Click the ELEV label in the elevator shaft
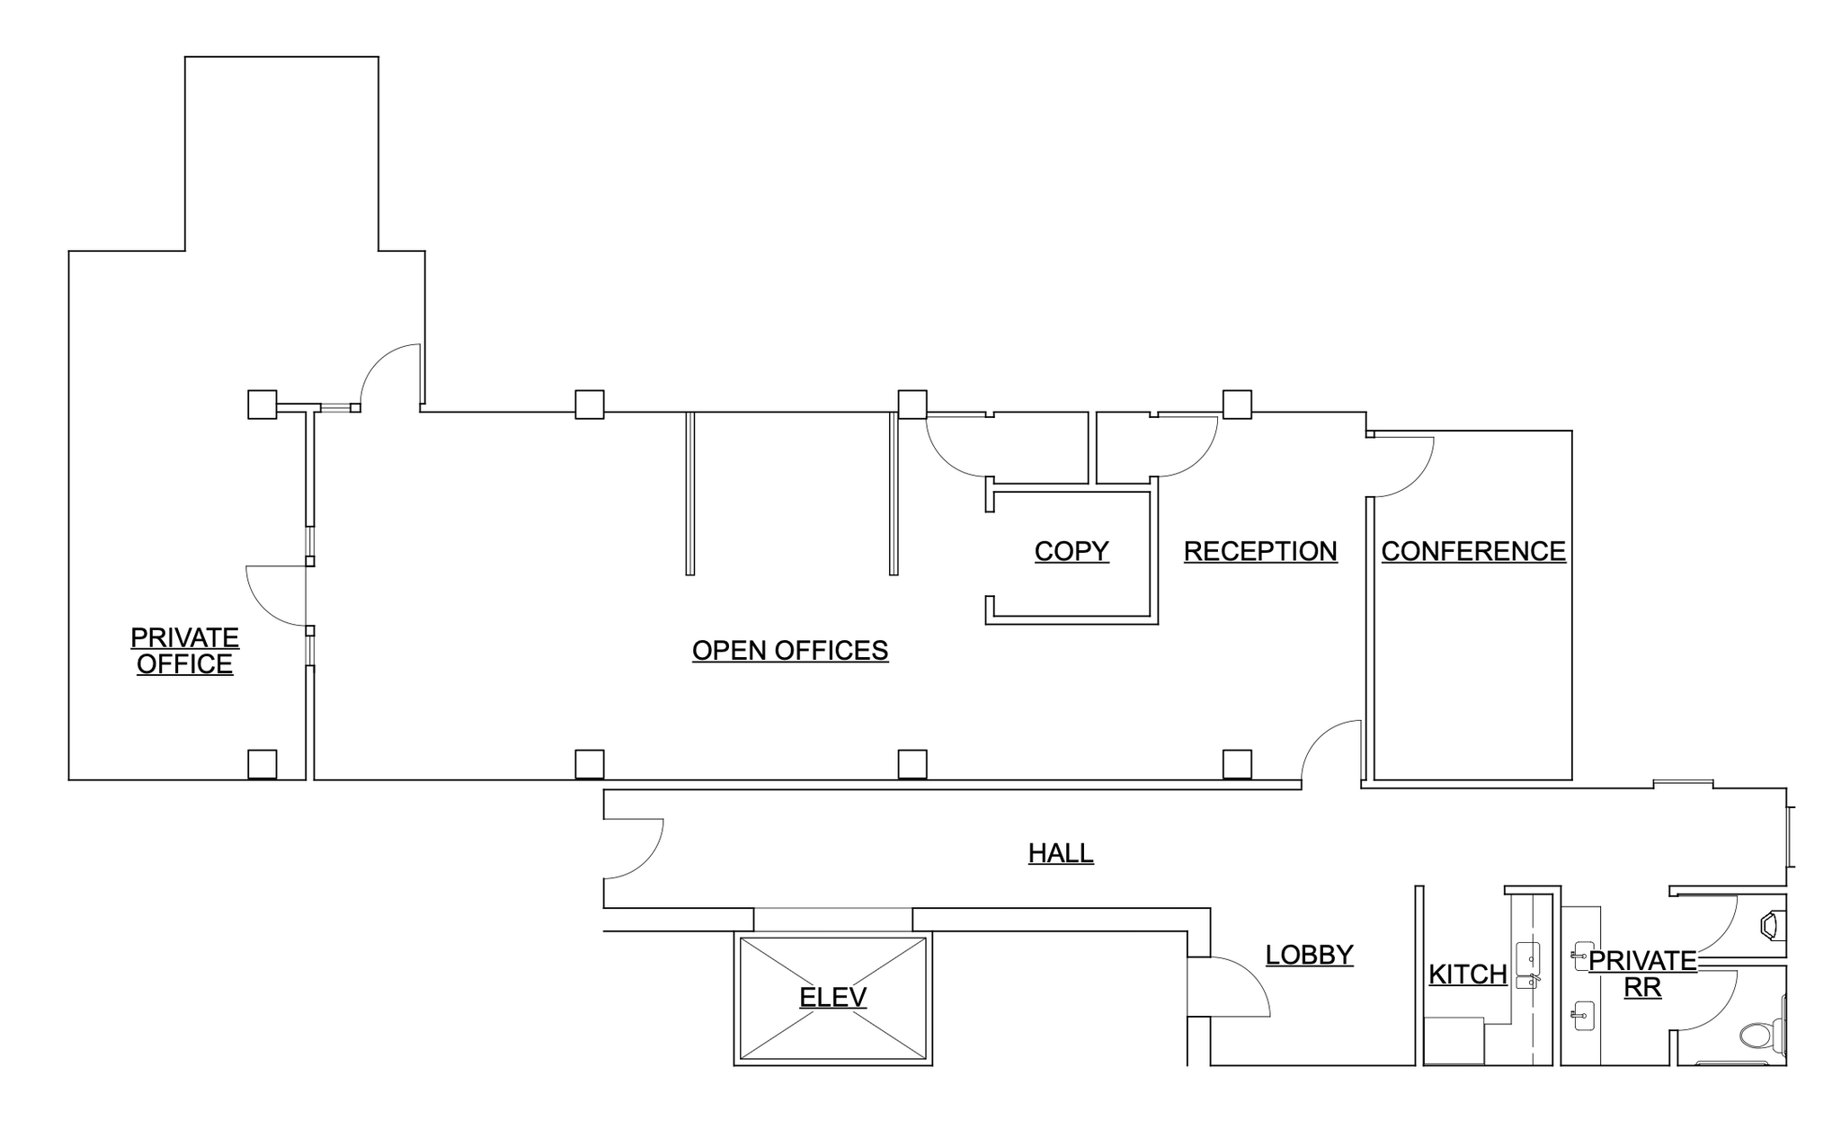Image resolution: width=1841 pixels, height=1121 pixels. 832,997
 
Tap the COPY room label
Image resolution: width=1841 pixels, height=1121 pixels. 1071,551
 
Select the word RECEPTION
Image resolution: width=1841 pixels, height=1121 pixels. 1259,551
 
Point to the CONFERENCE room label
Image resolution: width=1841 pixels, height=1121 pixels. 1472,551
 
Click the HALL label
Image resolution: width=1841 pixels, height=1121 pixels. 1061,852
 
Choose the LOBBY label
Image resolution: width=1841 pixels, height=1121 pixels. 1309,955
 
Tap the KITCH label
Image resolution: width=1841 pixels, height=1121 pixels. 1467,974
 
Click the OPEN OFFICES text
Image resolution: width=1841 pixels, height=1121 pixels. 789,650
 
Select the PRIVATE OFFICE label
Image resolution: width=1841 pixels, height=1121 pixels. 184,651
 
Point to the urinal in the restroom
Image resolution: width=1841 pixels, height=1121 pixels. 1771,925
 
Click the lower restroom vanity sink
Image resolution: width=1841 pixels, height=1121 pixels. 1583,1016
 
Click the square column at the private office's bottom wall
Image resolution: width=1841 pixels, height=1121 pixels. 262,764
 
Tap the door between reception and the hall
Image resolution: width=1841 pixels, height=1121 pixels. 1331,752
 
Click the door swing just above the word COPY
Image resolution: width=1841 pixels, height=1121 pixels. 958,446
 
